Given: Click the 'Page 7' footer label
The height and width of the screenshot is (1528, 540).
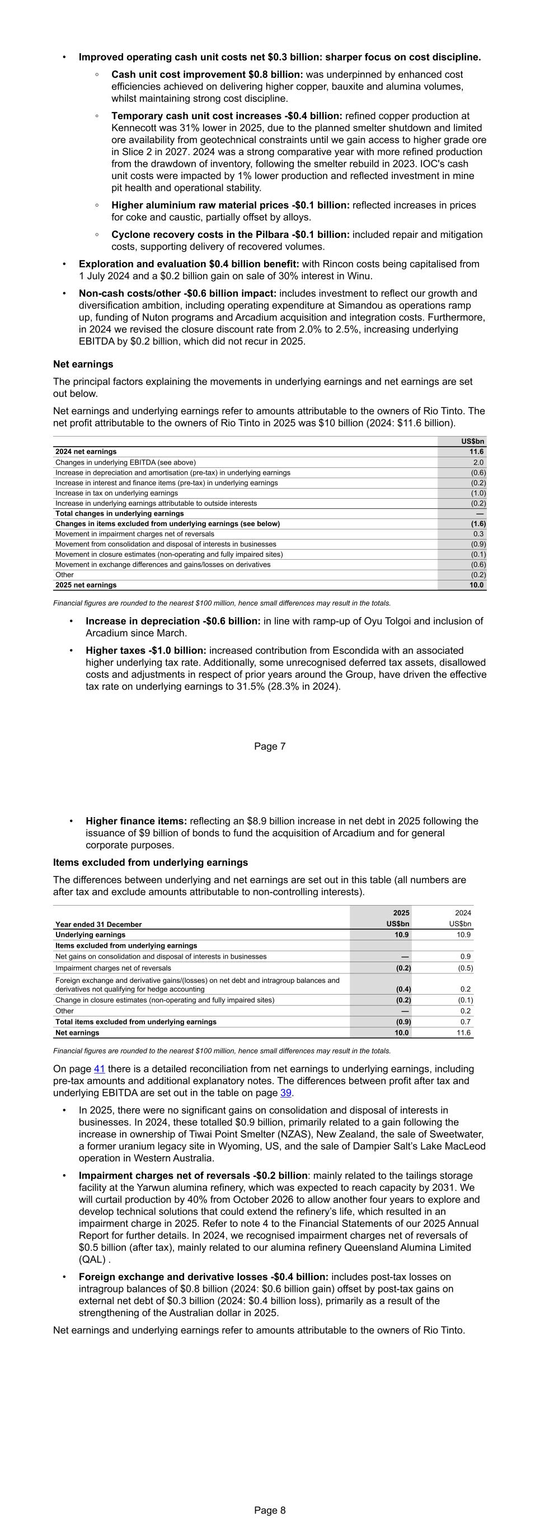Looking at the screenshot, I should tap(270, 746).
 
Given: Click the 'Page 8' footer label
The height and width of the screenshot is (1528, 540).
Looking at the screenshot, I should tap(270, 1510).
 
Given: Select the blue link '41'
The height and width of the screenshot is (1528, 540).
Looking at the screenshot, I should tap(100, 1069).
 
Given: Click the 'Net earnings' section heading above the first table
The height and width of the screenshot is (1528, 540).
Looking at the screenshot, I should tap(83, 364).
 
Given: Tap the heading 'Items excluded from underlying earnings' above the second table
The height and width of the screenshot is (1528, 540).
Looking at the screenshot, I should tap(151, 863).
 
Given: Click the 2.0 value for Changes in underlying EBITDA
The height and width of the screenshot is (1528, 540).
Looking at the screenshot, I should tap(478, 462).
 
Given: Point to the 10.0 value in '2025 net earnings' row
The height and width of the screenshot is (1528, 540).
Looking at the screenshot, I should tap(477, 585).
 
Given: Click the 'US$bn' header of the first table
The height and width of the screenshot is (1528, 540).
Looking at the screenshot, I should tap(472, 441).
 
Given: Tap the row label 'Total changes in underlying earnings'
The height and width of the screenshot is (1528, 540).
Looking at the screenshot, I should tap(120, 513).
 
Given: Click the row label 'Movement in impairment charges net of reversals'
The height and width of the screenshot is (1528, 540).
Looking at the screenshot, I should tap(135, 534).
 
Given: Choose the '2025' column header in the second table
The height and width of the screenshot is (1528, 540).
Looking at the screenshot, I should tap(401, 913).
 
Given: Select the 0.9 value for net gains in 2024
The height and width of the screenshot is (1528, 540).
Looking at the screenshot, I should tap(466, 956).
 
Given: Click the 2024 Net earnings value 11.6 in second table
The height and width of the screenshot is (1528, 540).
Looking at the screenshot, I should tap(463, 1033).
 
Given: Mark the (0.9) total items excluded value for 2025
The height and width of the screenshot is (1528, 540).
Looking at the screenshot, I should tap(403, 1021).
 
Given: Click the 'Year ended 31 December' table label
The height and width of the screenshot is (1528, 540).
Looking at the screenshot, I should tap(98, 924).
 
